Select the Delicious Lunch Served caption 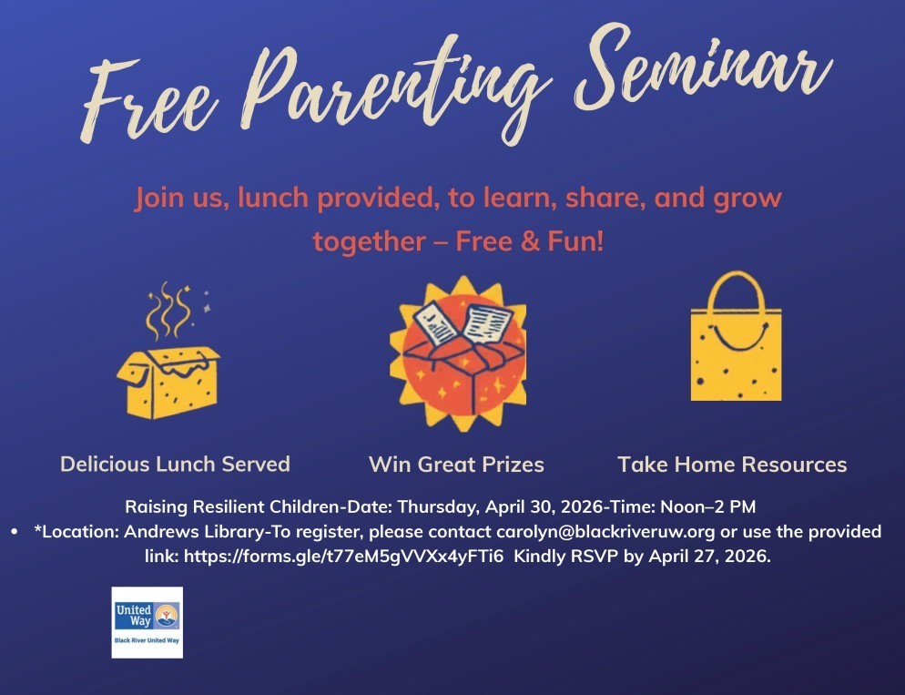click(x=175, y=464)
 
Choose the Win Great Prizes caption click(x=456, y=465)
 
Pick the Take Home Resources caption click(x=732, y=465)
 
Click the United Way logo click(x=147, y=622)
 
